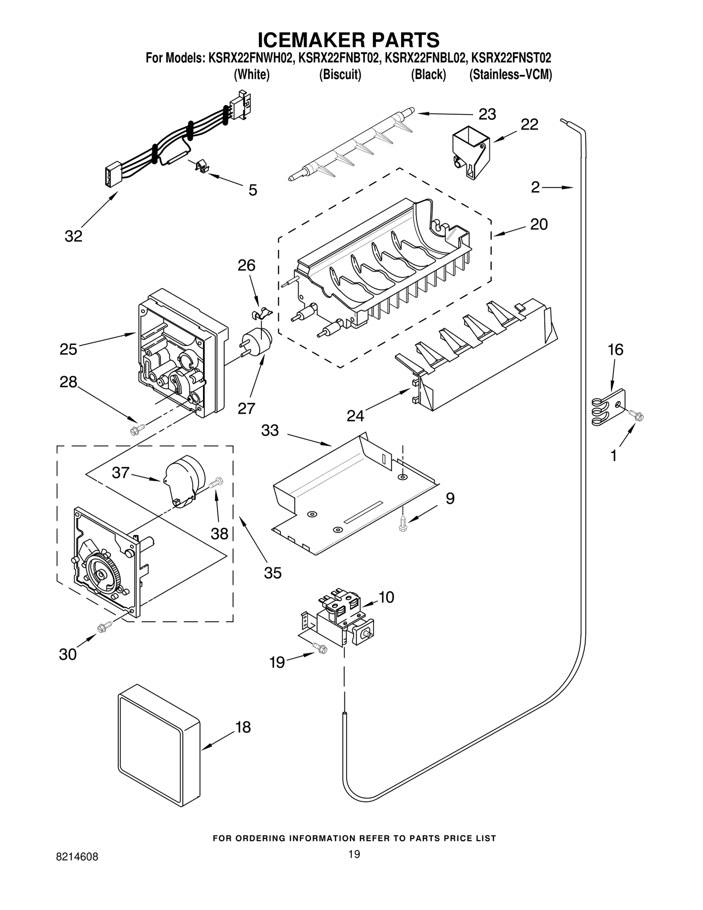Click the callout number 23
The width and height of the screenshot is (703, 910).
click(487, 114)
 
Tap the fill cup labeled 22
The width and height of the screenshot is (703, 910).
click(471, 152)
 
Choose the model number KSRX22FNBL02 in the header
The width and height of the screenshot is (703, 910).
click(425, 58)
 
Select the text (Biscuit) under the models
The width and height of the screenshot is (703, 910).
click(340, 75)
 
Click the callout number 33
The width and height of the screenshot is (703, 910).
click(270, 430)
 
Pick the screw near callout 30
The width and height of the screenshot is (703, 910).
click(105, 628)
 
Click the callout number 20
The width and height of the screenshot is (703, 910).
click(539, 224)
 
